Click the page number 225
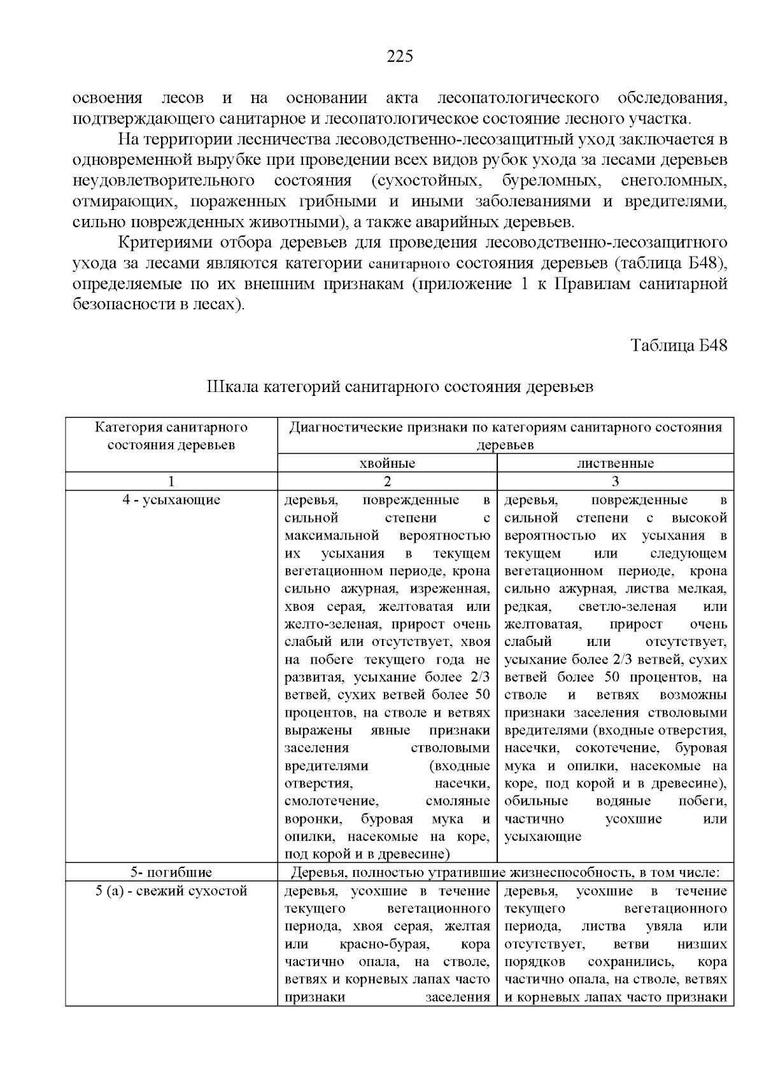(400, 57)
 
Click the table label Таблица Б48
(679, 346)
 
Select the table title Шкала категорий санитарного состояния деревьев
(400, 387)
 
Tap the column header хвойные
(387, 463)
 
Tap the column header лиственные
(615, 463)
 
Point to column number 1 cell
(171, 481)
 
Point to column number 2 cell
(387, 481)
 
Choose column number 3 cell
(615, 481)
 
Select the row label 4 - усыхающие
(171, 500)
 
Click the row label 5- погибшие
(171, 872)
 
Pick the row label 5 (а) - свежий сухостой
(171, 891)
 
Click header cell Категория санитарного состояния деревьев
(171, 436)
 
